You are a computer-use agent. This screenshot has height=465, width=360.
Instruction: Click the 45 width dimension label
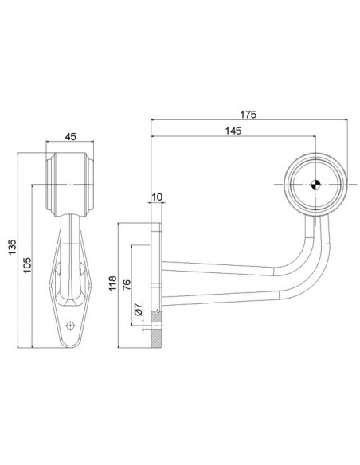point(69,136)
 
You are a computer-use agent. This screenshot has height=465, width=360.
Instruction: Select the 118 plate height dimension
point(113,284)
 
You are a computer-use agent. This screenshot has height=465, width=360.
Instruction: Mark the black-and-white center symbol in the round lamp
point(316,185)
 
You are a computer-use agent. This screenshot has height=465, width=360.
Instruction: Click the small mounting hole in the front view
point(72,324)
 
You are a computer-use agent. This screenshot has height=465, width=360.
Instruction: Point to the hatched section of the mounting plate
point(157,334)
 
